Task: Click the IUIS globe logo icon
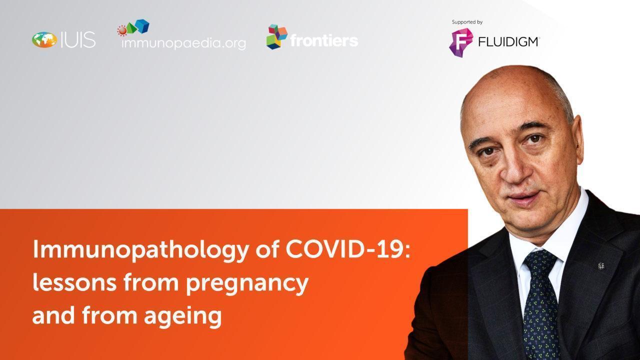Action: point(44,39)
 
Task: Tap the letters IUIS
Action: point(78,39)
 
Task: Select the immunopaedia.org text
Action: point(183,43)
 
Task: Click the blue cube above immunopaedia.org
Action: point(142,26)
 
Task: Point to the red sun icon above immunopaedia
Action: point(122,31)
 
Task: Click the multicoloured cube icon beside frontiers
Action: point(276,37)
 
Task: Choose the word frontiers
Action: point(324,40)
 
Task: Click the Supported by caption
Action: point(467,22)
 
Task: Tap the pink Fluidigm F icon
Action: point(460,42)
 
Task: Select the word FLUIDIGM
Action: point(508,42)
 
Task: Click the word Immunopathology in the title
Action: point(140,249)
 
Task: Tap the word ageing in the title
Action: point(182,316)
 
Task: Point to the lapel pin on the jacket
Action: point(601,266)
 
